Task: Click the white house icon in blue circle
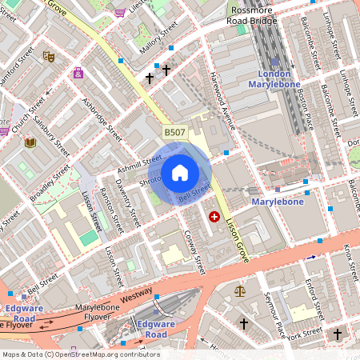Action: pyautogui.click(x=180, y=173)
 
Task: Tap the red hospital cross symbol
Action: pyautogui.click(x=214, y=217)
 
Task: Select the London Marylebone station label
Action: pyautogui.click(x=274, y=78)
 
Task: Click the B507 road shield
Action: pyautogui.click(x=175, y=132)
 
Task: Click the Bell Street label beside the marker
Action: pyautogui.click(x=194, y=192)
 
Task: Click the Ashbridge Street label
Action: pyautogui.click(x=102, y=117)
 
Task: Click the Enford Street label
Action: pyautogui.click(x=314, y=297)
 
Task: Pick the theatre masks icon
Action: pyautogui.click(x=48, y=57)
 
